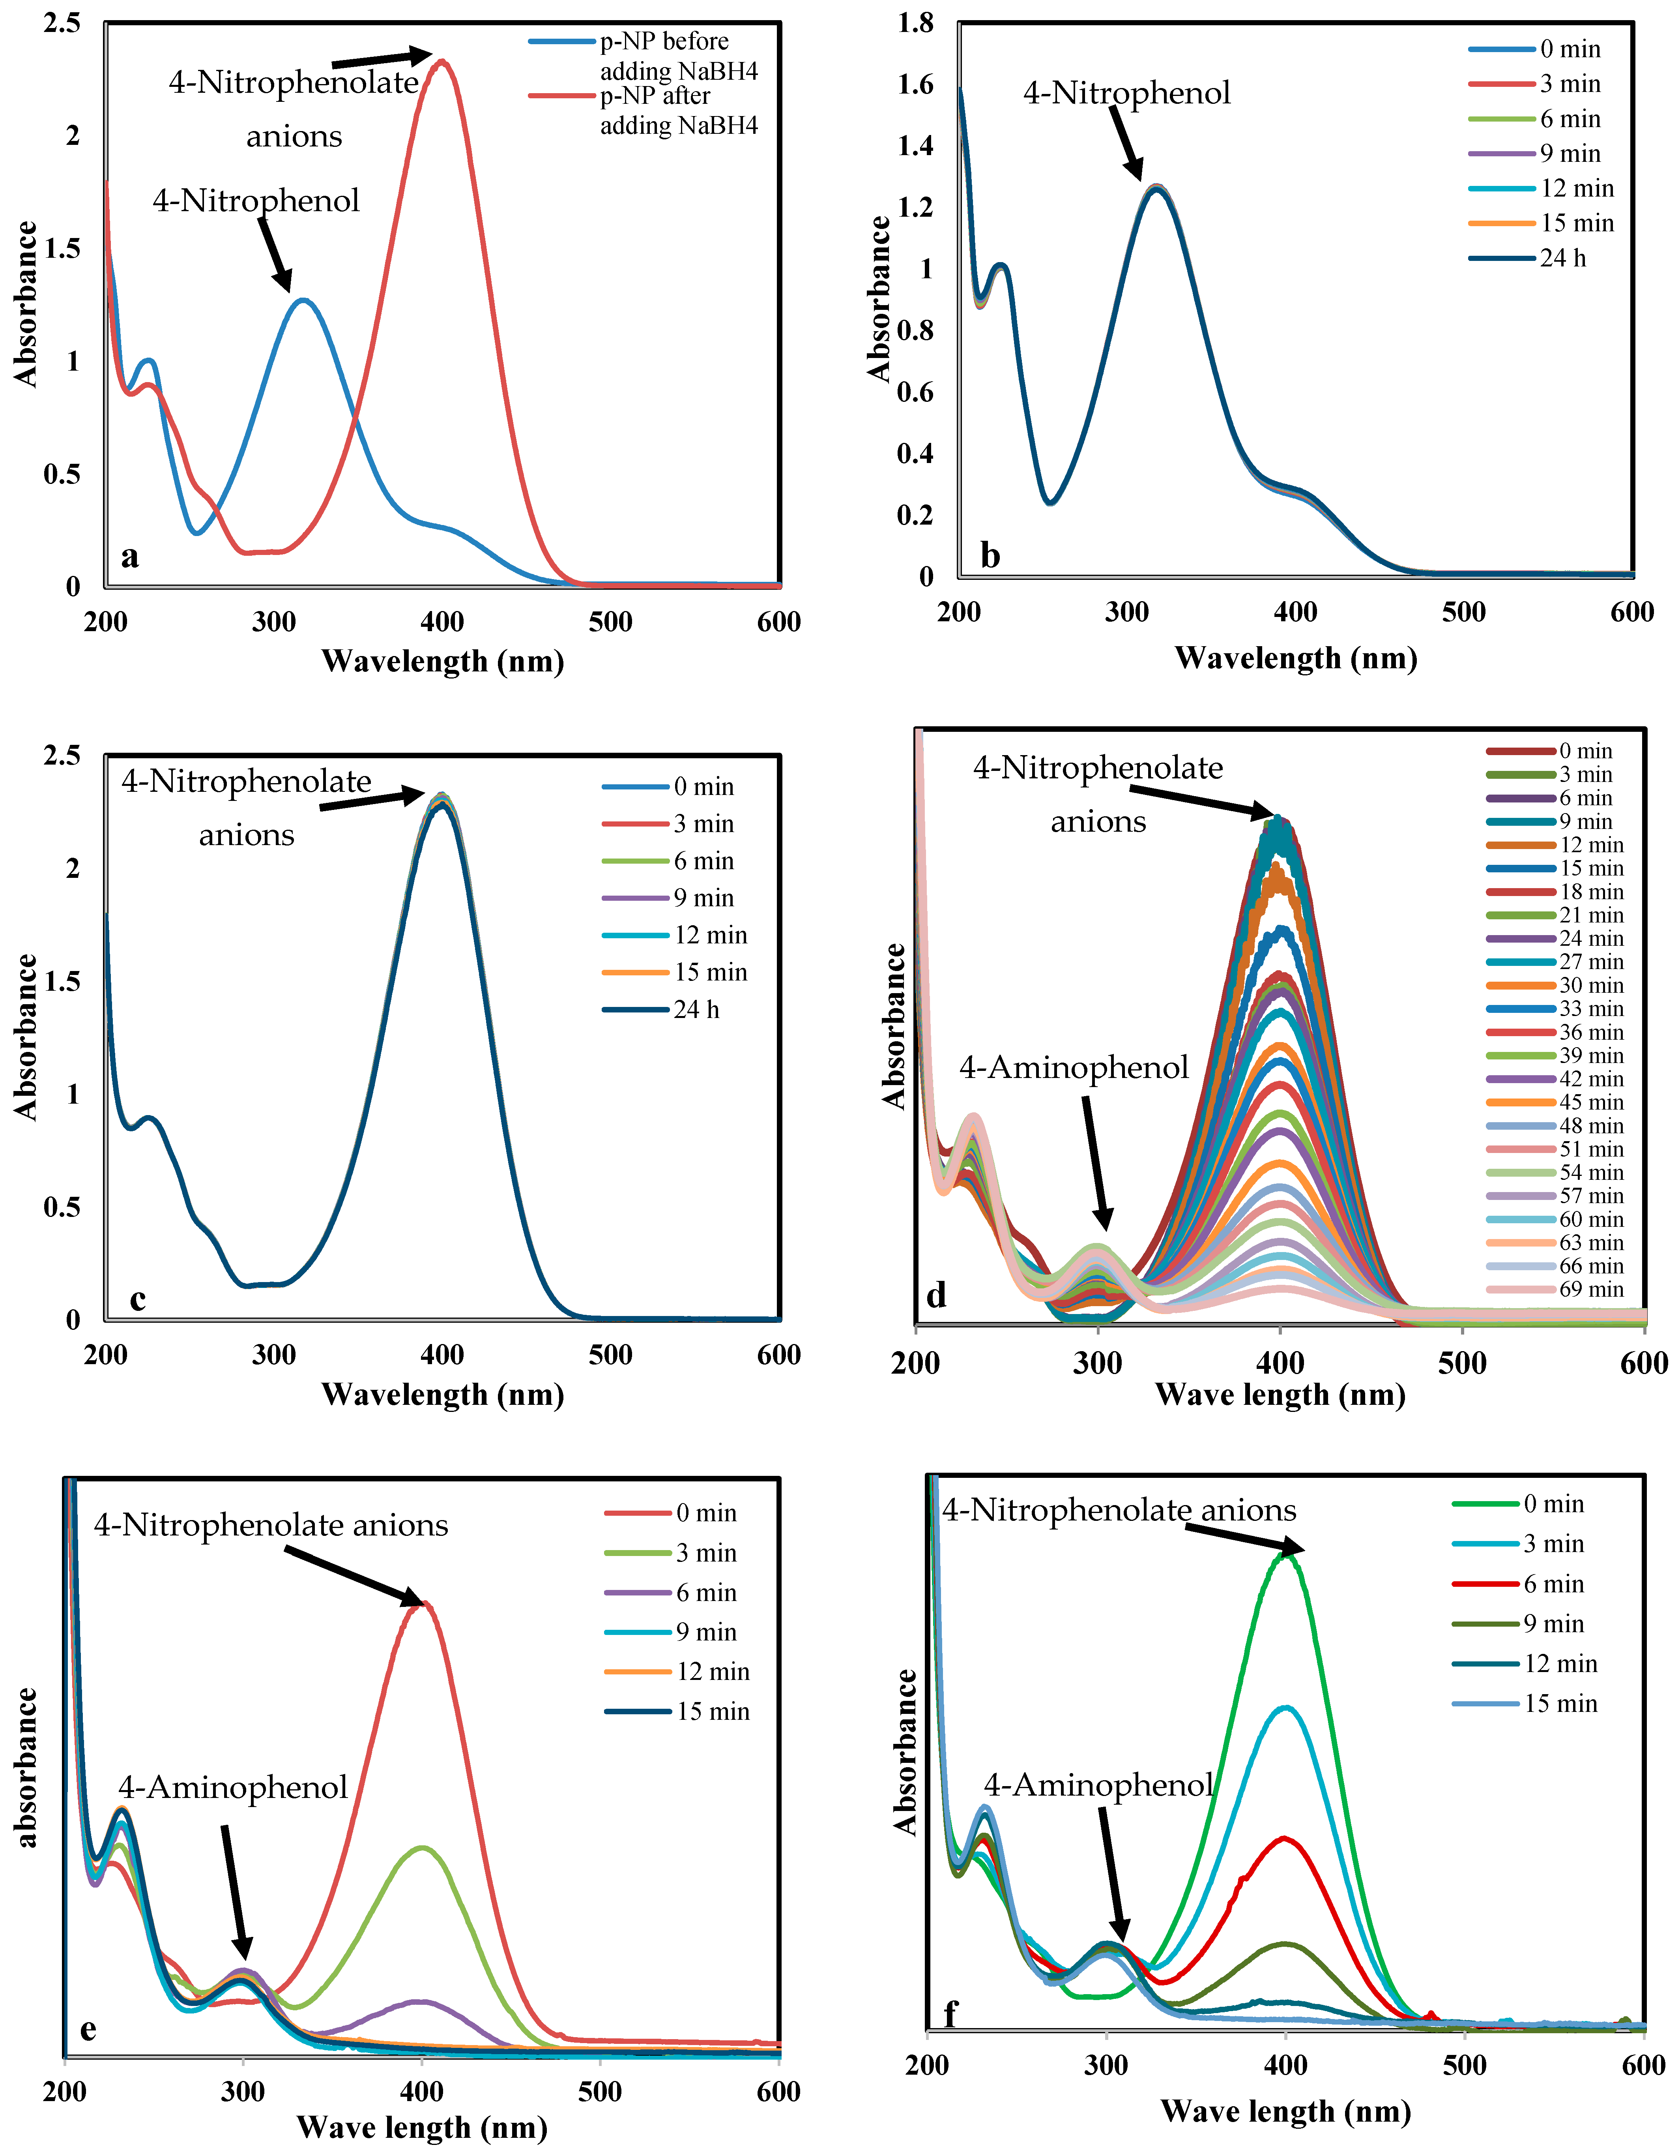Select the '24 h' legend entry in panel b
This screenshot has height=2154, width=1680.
click(1563, 259)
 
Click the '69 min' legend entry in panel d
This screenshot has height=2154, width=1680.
click(1591, 1290)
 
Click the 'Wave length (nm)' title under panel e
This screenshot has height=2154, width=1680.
click(422, 2128)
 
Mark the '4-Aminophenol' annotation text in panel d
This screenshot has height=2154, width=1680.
click(1074, 1068)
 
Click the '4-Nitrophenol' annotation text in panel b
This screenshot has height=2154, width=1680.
click(1127, 94)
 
